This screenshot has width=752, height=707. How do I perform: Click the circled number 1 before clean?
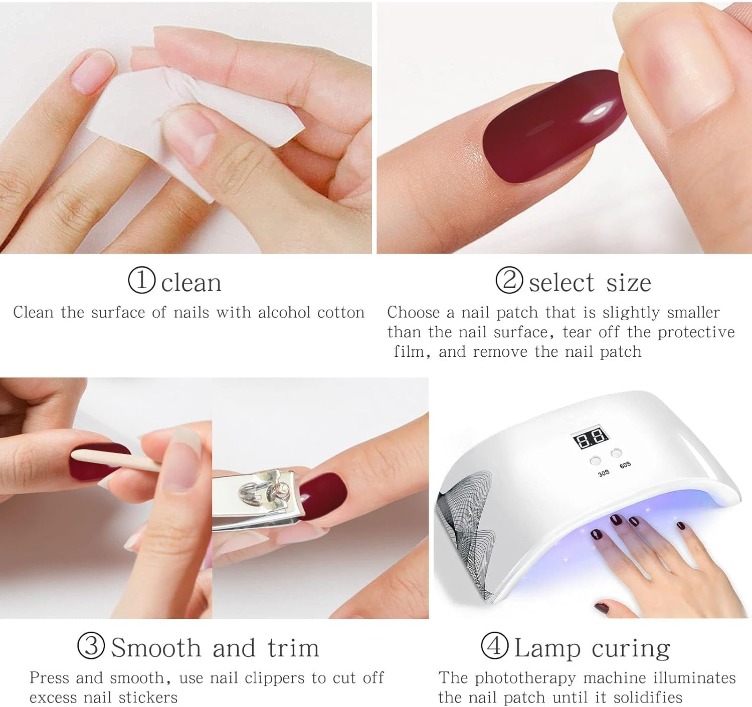pyautogui.click(x=142, y=280)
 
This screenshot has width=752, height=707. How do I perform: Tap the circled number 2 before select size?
pyautogui.click(x=509, y=280)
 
